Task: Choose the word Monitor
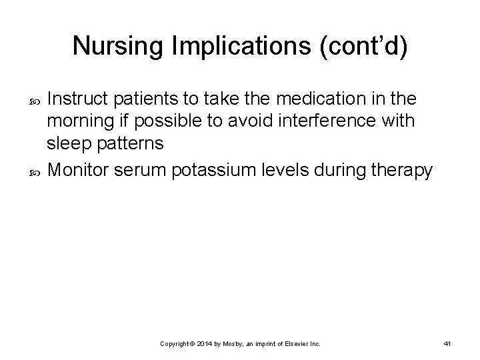(81, 171)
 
